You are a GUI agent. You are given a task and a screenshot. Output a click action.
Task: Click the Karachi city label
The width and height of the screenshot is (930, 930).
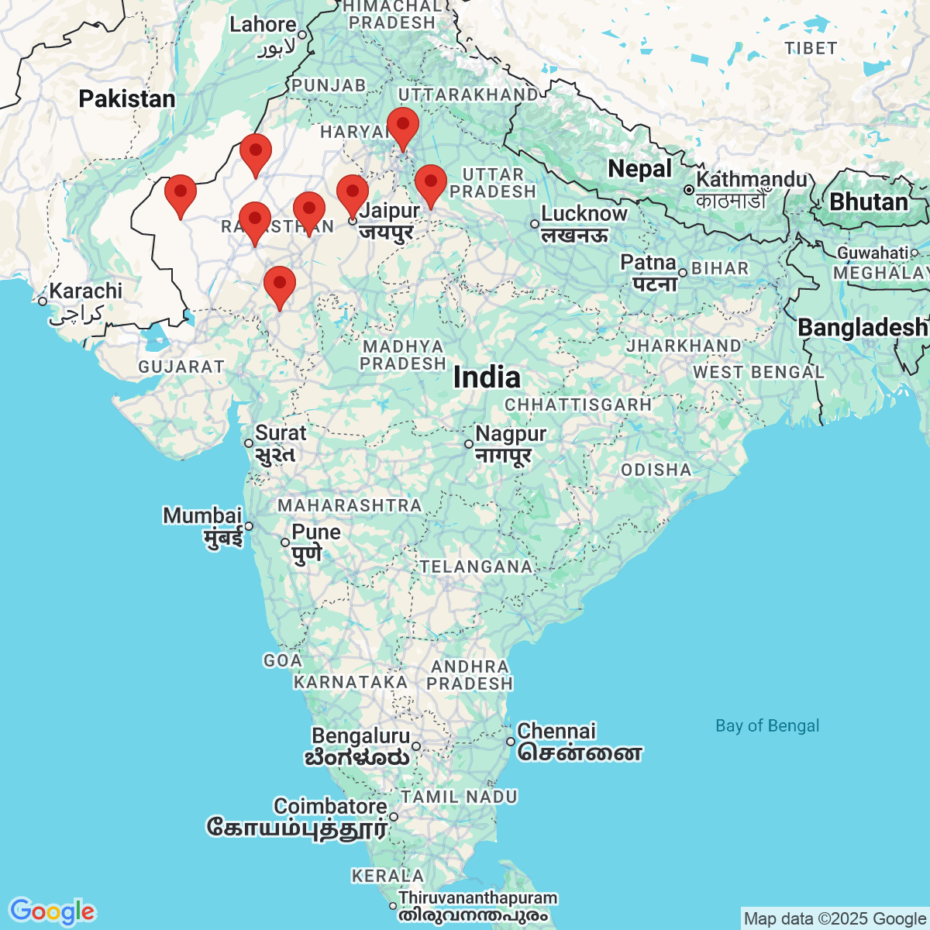85,291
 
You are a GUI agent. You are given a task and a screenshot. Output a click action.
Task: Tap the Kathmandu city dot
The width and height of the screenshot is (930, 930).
688,190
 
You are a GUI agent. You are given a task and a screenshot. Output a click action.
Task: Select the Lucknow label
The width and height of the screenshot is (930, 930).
584,214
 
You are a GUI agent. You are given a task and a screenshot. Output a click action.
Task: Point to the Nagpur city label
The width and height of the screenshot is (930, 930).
511,434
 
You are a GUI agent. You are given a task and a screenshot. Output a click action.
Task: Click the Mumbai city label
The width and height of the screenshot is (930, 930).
202,516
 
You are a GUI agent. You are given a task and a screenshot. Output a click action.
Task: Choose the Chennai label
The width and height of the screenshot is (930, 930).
556,731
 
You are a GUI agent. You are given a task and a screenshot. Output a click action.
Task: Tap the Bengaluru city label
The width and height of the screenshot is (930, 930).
360,735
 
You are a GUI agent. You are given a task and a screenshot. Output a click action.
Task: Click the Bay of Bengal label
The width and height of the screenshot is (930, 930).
766,726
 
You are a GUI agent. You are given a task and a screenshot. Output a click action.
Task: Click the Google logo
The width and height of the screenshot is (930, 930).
52,911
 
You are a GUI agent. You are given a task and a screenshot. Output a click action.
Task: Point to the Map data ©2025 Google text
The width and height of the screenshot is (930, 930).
835,919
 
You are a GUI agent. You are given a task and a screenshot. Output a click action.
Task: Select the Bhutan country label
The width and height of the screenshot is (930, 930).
869,201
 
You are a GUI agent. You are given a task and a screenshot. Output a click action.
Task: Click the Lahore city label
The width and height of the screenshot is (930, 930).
262,25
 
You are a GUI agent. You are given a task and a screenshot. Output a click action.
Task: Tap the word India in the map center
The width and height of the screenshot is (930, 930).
487,377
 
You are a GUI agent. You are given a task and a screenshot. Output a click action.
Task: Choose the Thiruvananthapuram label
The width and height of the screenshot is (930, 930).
477,898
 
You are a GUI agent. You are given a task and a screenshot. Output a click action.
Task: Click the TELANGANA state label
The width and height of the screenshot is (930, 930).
476,567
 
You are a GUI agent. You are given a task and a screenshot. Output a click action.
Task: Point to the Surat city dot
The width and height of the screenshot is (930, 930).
248,443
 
